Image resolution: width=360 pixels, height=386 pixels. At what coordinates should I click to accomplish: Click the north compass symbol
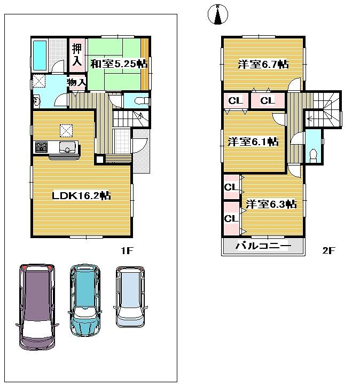[217, 15]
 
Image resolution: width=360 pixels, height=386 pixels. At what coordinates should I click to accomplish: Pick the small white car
[130, 296]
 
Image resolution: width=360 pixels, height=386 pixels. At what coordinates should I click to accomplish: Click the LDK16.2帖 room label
[81, 196]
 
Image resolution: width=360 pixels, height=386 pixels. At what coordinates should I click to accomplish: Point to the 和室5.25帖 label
[119, 64]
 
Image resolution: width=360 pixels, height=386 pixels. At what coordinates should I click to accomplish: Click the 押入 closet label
[77, 54]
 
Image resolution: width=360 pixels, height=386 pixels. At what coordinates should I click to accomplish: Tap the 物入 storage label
[76, 82]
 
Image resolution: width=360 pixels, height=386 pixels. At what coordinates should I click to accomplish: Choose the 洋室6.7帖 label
[263, 65]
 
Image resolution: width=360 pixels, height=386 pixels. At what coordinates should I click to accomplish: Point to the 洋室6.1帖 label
[253, 142]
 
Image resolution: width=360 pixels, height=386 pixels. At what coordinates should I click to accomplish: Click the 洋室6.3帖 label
[271, 204]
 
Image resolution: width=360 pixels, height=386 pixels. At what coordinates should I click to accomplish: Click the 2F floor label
[328, 250]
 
